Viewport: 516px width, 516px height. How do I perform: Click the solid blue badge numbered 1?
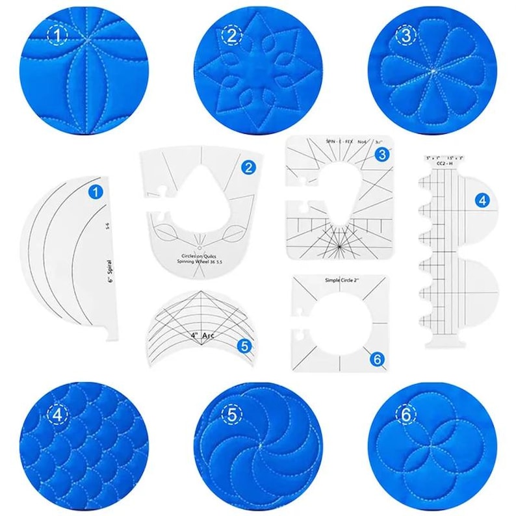pyautogui.click(x=96, y=192)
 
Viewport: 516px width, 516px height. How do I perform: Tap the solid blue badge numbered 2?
pyautogui.click(x=248, y=167)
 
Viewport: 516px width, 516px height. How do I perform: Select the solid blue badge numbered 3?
pyautogui.click(x=381, y=154)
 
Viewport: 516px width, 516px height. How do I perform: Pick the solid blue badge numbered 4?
pyautogui.click(x=482, y=201)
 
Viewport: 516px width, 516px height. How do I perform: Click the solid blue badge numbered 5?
pyautogui.click(x=244, y=345)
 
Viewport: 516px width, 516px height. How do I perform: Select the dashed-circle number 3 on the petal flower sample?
pyautogui.click(x=406, y=37)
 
